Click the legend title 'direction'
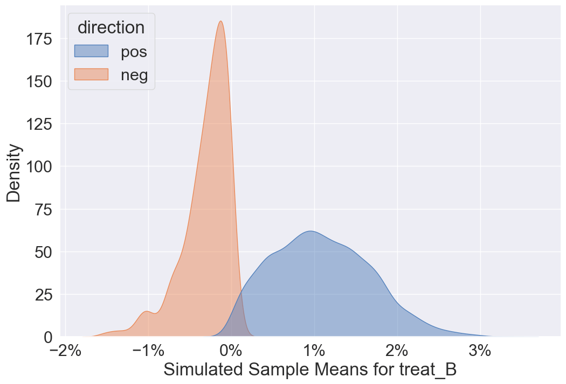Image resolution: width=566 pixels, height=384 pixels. tap(111, 27)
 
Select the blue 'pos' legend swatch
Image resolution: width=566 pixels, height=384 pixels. tap(91, 51)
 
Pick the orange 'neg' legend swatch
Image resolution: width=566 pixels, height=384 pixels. tap(91, 75)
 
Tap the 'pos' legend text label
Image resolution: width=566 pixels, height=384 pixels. tap(134, 52)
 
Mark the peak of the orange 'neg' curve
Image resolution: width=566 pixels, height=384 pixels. tap(220, 22)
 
